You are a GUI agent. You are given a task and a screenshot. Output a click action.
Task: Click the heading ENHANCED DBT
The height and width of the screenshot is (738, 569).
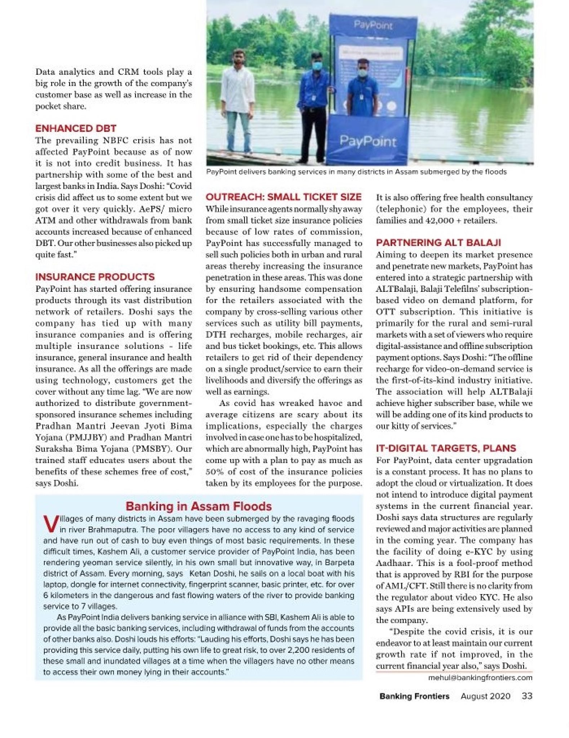(76, 128)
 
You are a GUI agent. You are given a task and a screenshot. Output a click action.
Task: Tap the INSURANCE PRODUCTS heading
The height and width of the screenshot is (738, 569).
(95, 277)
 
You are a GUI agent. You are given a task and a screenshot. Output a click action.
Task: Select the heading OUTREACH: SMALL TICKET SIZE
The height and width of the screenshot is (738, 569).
(283, 197)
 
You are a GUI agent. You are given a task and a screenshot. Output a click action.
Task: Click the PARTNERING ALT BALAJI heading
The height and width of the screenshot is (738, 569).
(438, 243)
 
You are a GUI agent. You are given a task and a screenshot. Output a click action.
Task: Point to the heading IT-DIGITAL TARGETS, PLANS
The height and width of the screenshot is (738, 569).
(446, 448)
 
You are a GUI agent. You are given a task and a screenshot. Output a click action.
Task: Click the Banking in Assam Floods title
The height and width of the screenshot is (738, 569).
(198, 506)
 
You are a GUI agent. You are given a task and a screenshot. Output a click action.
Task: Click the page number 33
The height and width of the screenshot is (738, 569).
(527, 696)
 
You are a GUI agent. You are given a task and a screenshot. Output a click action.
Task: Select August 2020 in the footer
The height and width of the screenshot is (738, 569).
(485, 696)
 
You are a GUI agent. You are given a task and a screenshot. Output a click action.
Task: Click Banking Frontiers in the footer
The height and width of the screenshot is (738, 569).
(414, 696)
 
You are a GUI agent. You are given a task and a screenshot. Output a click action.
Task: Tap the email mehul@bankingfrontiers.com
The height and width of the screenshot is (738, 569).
(480, 677)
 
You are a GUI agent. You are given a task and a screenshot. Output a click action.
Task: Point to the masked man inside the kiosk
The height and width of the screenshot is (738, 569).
(363, 90)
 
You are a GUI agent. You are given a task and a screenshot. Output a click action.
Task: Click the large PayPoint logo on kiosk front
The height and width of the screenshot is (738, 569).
(368, 141)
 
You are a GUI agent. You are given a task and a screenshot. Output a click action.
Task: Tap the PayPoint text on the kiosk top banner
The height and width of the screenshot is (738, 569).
(373, 25)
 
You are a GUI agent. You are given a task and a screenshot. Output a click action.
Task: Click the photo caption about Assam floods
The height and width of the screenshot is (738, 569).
(356, 172)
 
